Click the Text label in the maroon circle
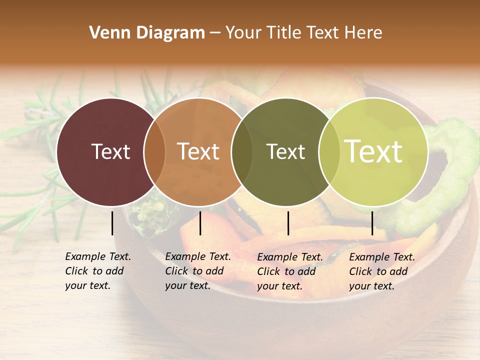pos(110,151)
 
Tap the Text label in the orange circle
pos(198,151)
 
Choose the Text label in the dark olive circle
pos(285,151)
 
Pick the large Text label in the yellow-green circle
pos(373,151)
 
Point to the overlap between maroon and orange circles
pos(154,152)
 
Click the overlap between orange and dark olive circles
pos(242,152)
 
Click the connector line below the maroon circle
pos(112,223)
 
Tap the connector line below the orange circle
pos(200,223)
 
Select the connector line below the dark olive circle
pos(288,223)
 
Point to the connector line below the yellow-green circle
pos(372,223)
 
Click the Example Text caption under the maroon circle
pos(97,271)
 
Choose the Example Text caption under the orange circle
pos(197,271)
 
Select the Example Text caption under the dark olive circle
pos(289,271)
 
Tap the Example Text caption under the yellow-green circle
pos(381,271)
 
